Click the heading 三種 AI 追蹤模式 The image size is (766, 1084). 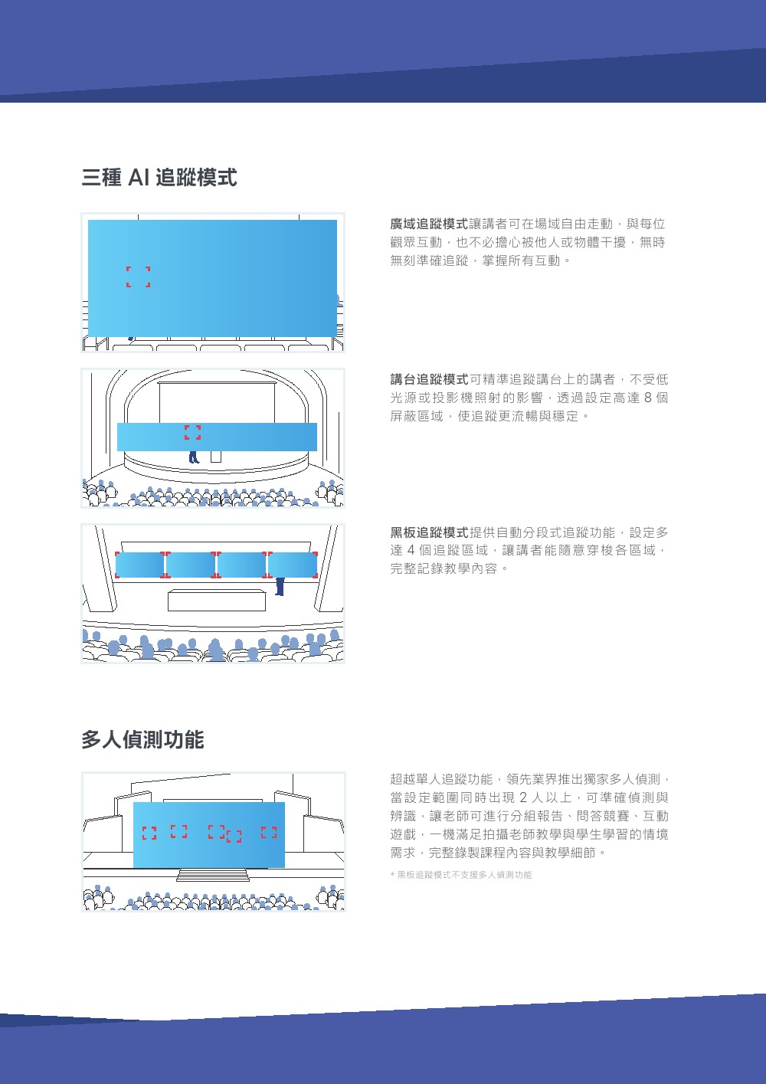(x=159, y=177)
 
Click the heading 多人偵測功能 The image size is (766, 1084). (x=142, y=739)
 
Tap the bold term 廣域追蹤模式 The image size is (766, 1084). (x=429, y=224)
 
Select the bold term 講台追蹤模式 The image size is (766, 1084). (x=429, y=379)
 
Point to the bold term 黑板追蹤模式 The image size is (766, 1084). (x=429, y=532)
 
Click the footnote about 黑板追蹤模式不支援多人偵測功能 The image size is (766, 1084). (x=460, y=875)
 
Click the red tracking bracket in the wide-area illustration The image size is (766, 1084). (x=139, y=277)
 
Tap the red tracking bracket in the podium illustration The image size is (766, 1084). (x=192, y=432)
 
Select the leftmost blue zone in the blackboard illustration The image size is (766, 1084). (x=140, y=565)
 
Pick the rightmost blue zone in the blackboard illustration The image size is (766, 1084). (x=293, y=565)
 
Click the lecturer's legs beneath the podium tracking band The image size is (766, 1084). (x=194, y=457)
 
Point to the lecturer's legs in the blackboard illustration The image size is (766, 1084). (x=280, y=587)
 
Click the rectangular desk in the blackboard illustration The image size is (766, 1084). (x=217, y=600)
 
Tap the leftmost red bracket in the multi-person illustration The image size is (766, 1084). (x=149, y=833)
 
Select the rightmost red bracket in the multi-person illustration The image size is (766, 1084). (x=269, y=832)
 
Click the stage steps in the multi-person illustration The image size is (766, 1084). (x=213, y=874)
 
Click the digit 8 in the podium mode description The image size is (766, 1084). (x=649, y=398)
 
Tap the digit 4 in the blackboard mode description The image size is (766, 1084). (x=411, y=551)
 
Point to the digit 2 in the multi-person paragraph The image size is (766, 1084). (x=523, y=797)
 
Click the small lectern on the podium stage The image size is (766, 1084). (x=216, y=457)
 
